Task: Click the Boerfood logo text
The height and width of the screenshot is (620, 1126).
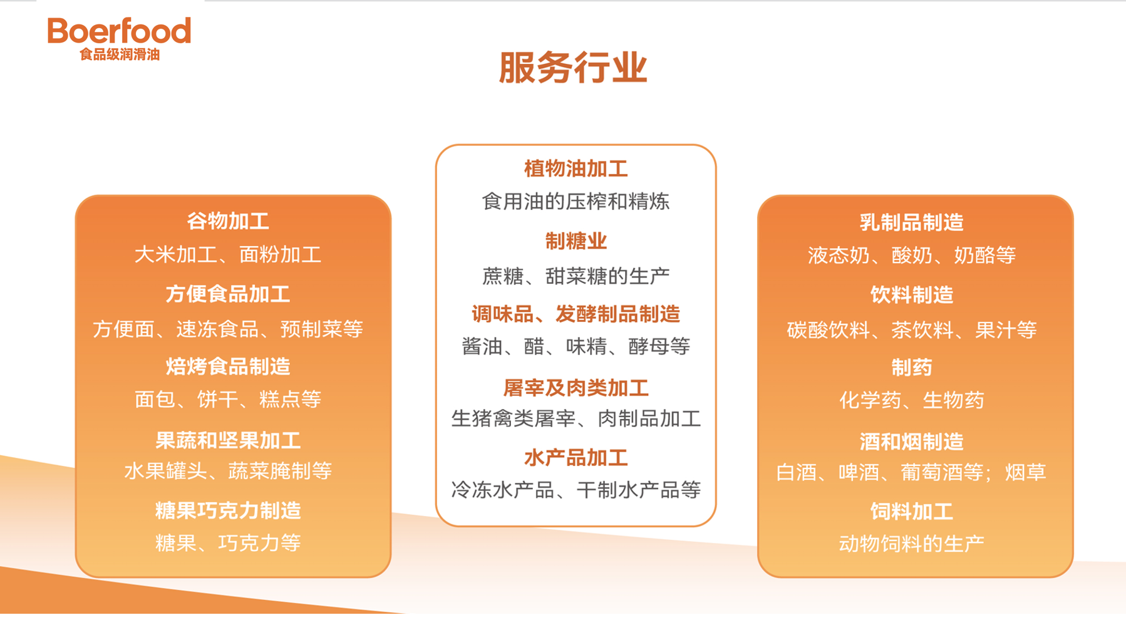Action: coord(119,31)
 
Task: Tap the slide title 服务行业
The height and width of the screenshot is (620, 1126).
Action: coord(573,68)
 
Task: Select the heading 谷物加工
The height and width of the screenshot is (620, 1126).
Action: coord(228,221)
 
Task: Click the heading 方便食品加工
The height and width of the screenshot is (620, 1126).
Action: coord(228,294)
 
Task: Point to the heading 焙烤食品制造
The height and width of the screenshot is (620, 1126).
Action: coord(228,366)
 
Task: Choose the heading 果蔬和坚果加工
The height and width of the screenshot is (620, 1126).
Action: coord(228,440)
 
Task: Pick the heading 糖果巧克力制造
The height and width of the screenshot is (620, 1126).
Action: coord(228,510)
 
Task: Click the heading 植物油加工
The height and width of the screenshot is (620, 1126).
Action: coord(576,168)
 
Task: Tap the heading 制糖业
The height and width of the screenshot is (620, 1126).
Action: coord(576,241)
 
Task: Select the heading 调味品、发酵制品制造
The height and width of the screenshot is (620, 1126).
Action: coord(576,314)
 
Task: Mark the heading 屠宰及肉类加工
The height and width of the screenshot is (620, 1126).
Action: coord(576,388)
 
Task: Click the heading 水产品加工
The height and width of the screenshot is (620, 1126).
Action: coord(576,458)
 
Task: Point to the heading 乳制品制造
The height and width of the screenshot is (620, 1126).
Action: coord(911,222)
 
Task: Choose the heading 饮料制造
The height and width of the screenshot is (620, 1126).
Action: coord(911,294)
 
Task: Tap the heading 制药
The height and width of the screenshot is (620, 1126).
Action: coord(911,367)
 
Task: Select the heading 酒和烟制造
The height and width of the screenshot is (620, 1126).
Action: coord(911,442)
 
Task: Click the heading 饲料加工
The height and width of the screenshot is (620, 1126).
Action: coord(911,512)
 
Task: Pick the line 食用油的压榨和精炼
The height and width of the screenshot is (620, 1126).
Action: coord(576,202)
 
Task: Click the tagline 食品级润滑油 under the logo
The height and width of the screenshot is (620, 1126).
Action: coord(120,54)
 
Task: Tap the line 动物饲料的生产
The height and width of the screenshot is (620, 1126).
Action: coord(911,544)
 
